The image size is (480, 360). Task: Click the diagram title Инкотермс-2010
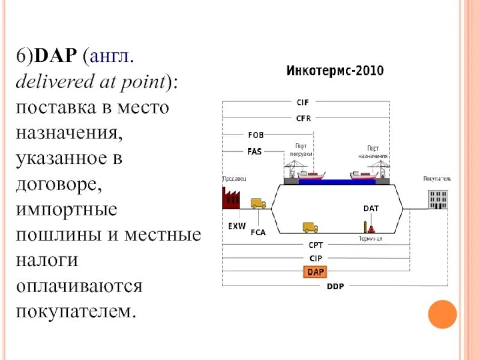tap(335, 71)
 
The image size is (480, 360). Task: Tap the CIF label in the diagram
tap(303, 103)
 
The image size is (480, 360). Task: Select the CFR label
tap(303, 118)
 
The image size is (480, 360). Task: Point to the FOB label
tap(256, 135)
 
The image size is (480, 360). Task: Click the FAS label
tap(254, 151)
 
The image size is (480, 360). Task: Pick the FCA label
tap(258, 233)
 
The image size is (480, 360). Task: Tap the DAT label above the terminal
tap(371, 209)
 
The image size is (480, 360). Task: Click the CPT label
tap(316, 245)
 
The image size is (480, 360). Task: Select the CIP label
tap(315, 258)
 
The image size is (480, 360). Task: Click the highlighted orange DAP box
tap(315, 272)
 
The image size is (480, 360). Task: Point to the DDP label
tap(335, 286)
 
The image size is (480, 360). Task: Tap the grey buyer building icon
tap(438, 199)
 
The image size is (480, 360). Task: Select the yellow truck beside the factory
tap(258, 203)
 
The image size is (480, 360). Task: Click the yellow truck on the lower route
tap(310, 227)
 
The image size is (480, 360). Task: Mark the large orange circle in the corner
tap(443, 314)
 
